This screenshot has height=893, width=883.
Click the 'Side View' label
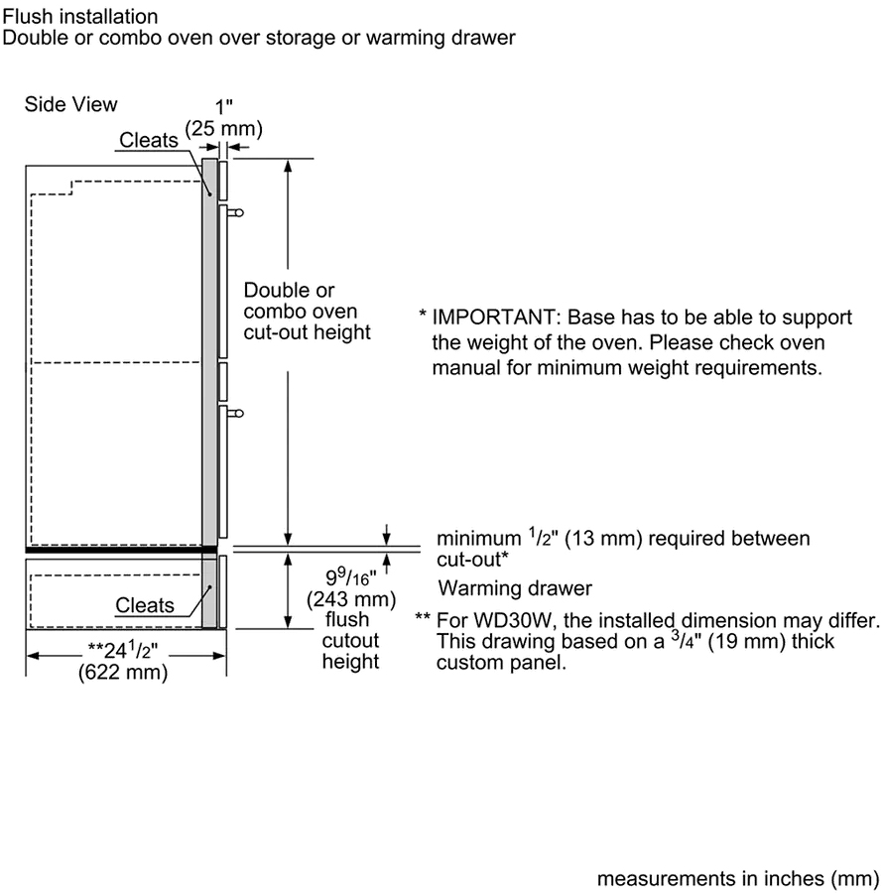[x=70, y=104]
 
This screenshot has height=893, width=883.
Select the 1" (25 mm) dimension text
[x=223, y=118]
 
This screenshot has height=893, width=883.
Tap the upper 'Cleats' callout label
[x=149, y=140]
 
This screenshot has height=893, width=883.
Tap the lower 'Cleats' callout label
[x=145, y=604]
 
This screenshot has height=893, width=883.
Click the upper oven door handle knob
[x=237, y=211]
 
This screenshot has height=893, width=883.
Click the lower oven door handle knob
[x=237, y=412]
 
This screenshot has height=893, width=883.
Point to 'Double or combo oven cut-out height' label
[x=307, y=311]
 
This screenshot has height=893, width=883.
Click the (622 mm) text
[x=123, y=674]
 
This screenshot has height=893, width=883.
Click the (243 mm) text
[x=351, y=600]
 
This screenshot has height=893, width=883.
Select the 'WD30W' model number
[x=501, y=620]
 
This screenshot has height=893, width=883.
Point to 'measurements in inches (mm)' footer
[x=737, y=878]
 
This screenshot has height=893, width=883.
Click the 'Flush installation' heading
[x=80, y=17]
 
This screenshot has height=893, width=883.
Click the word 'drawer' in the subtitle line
[x=484, y=39]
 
